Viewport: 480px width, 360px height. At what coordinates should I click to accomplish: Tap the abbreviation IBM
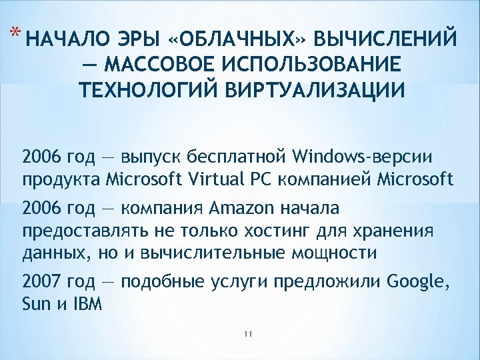point(87,305)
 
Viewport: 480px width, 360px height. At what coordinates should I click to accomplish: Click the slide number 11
point(247,333)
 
